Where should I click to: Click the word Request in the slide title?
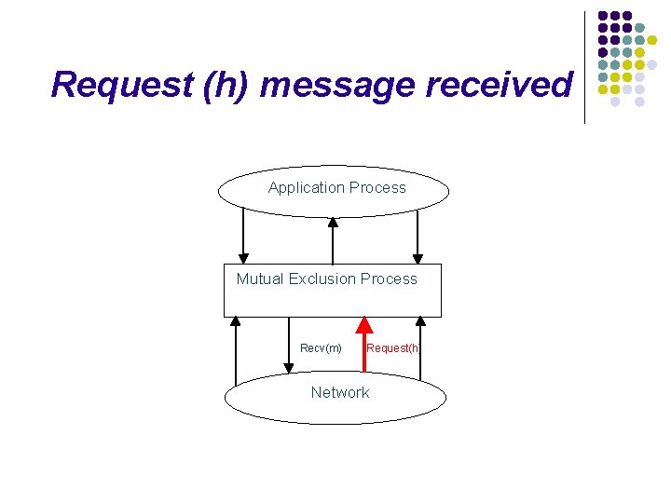[110, 85]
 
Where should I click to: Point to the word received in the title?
[499, 85]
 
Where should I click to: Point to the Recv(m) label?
[321, 348]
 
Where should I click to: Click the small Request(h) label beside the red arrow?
[393, 348]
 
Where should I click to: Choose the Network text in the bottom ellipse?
[339, 392]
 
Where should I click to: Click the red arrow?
[363, 345]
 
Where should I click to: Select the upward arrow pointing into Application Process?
[333, 240]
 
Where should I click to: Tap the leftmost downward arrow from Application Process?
[244, 235]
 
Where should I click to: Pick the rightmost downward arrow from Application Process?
[418, 235]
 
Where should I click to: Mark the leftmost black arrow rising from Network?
[236, 350]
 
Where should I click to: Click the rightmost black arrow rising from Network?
[420, 348]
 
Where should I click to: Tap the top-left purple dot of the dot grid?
[603, 17]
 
